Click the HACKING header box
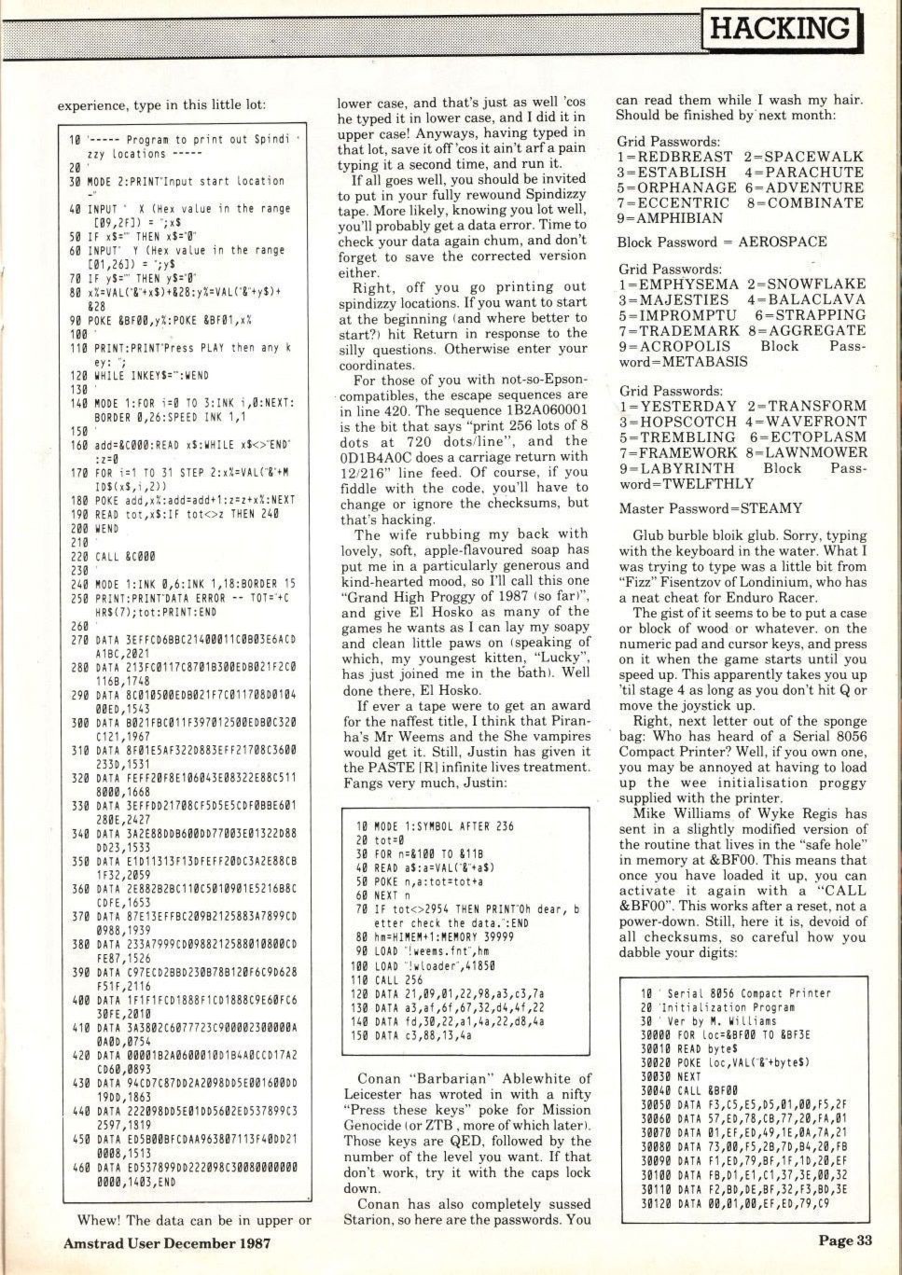(782, 28)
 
